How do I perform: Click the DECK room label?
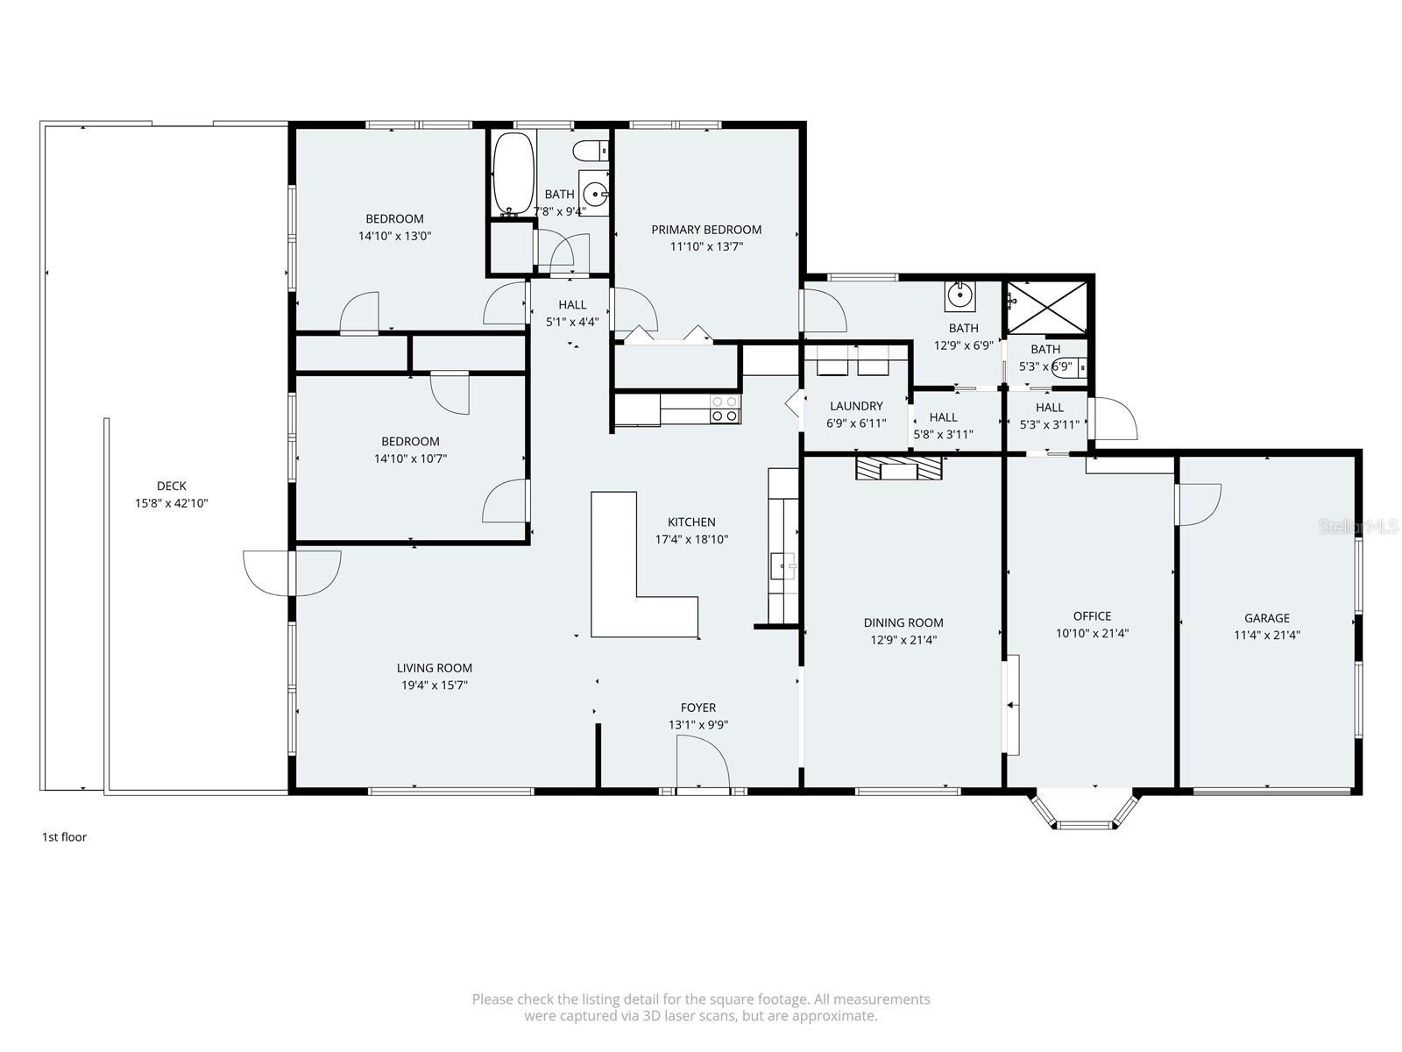[171, 486]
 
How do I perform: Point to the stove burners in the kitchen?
[725, 409]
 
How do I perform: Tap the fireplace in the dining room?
[900, 469]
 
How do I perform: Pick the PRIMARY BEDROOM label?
[706, 230]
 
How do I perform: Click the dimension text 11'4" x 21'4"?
[1266, 635]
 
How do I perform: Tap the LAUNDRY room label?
[856, 406]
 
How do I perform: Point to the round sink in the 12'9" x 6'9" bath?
[959, 295]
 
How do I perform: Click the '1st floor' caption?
[64, 836]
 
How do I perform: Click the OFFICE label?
[1092, 615]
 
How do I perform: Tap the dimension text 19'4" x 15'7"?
[435, 685]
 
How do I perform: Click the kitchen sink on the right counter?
[782, 566]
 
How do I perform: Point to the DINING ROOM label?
[903, 622]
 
